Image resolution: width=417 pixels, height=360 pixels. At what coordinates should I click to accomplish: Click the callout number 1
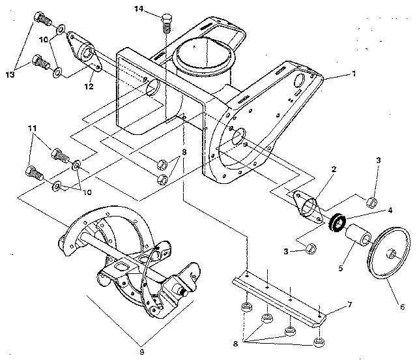(x=353, y=74)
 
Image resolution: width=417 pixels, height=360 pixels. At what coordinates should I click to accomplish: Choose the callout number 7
(x=349, y=305)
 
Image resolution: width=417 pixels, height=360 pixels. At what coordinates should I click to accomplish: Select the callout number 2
(x=332, y=168)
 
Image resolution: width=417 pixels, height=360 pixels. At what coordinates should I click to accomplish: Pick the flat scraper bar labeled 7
(x=280, y=293)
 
